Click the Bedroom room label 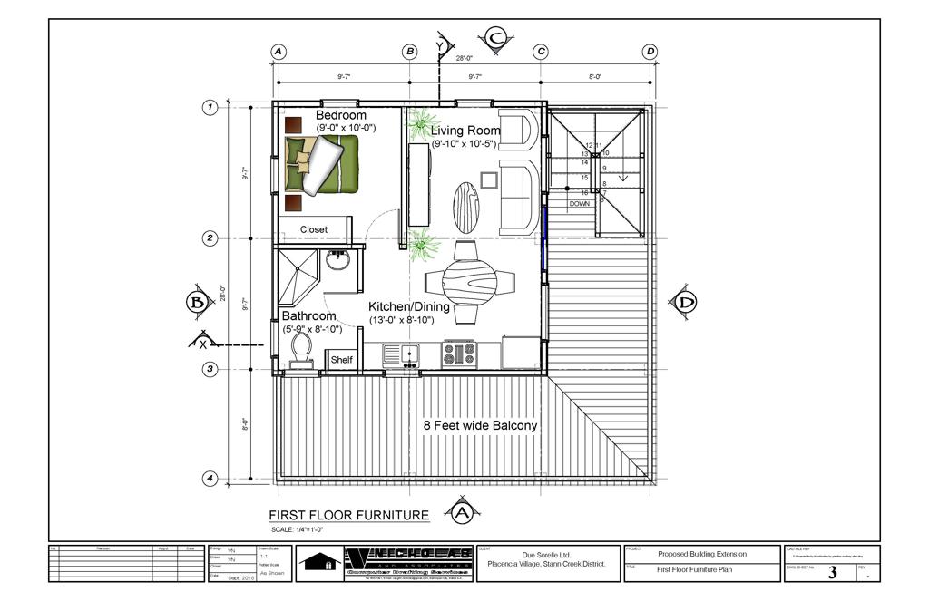(341, 116)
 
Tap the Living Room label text (465, 131)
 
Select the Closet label (314, 230)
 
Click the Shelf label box (341, 360)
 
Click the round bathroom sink (338, 260)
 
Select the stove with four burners (458, 354)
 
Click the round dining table (469, 279)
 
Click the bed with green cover (321, 164)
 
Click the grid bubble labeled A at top (279, 52)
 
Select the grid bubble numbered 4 (210, 478)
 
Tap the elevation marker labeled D (682, 302)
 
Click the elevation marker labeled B (197, 302)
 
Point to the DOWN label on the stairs (580, 204)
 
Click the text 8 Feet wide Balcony (480, 425)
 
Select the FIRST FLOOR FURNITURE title (342, 515)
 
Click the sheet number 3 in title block (832, 573)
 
